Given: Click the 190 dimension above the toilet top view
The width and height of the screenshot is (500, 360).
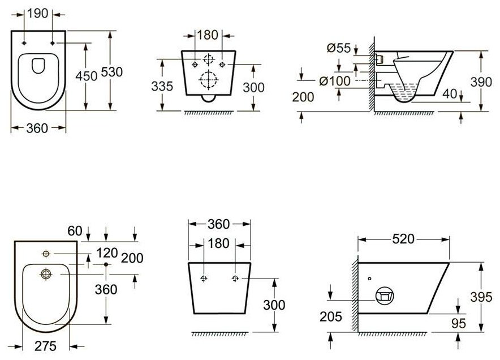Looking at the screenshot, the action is [x=38, y=14].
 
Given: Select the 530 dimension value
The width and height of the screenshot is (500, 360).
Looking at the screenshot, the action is [x=111, y=72].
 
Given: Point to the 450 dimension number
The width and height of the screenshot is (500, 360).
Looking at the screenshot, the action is [x=87, y=76].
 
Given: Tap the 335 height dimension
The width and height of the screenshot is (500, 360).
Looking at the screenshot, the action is [x=162, y=86].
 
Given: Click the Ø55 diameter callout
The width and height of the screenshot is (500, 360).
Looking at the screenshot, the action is [x=339, y=48].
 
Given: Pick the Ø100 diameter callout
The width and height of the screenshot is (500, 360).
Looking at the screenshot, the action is [x=335, y=81].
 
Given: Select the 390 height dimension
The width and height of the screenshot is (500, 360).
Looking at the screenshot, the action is [x=481, y=82].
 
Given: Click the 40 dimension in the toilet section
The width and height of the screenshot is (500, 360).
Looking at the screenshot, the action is [x=450, y=94].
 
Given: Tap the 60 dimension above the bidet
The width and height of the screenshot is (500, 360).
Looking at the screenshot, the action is [x=75, y=231].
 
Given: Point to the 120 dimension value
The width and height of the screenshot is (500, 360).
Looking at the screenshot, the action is [x=107, y=253].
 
